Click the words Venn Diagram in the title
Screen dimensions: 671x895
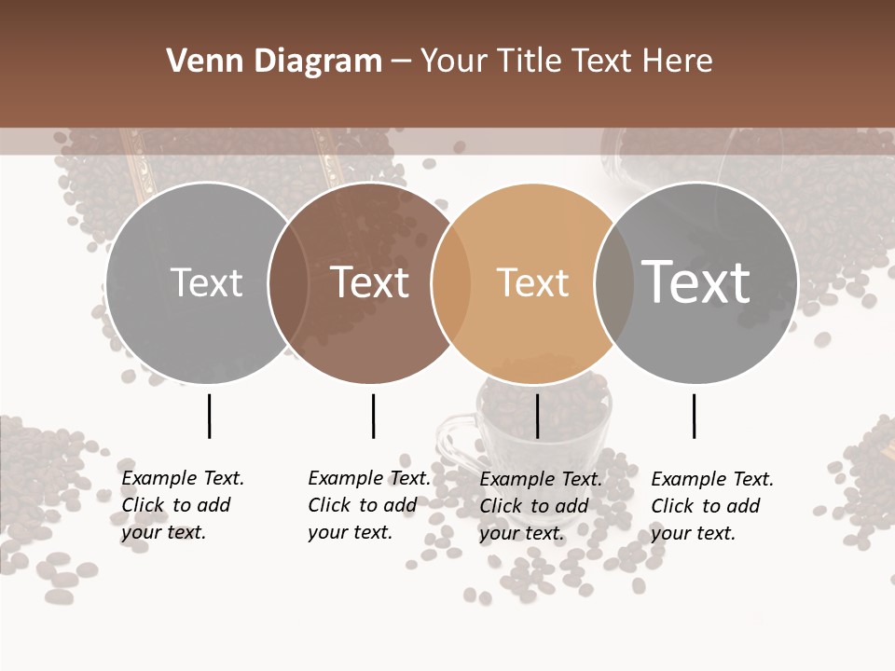coord(274,62)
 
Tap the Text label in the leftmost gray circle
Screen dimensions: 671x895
coord(206,283)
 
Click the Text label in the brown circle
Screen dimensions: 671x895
coord(370,283)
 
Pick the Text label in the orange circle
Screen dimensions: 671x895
coord(532,283)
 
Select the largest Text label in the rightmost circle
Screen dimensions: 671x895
coord(696,282)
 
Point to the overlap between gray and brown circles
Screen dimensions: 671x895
coord(288,283)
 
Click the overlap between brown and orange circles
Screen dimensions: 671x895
coord(451,283)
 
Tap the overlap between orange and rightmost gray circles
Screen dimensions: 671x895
coord(613,283)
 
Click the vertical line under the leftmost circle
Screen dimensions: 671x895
coord(210,416)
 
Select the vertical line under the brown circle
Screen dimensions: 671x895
coord(373,416)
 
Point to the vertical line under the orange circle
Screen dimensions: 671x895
coord(538,416)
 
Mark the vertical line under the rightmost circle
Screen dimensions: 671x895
coord(695,416)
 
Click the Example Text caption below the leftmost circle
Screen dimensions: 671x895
coord(182,505)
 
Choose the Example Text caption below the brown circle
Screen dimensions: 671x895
coord(368,505)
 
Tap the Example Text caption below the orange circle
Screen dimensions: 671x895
coord(540,506)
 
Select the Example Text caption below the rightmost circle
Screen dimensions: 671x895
coord(711,506)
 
